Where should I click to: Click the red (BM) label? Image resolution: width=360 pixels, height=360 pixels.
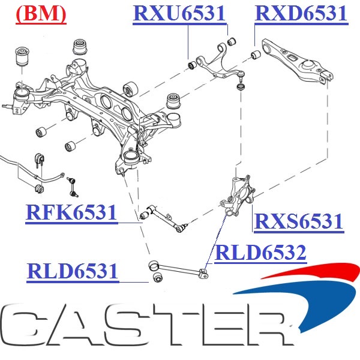40,14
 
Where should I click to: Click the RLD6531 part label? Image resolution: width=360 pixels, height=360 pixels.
72,271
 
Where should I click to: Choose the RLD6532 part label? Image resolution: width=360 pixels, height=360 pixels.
260,253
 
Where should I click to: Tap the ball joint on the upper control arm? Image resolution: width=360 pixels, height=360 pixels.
241,74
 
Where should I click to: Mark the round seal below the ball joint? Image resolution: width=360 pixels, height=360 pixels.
242,88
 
